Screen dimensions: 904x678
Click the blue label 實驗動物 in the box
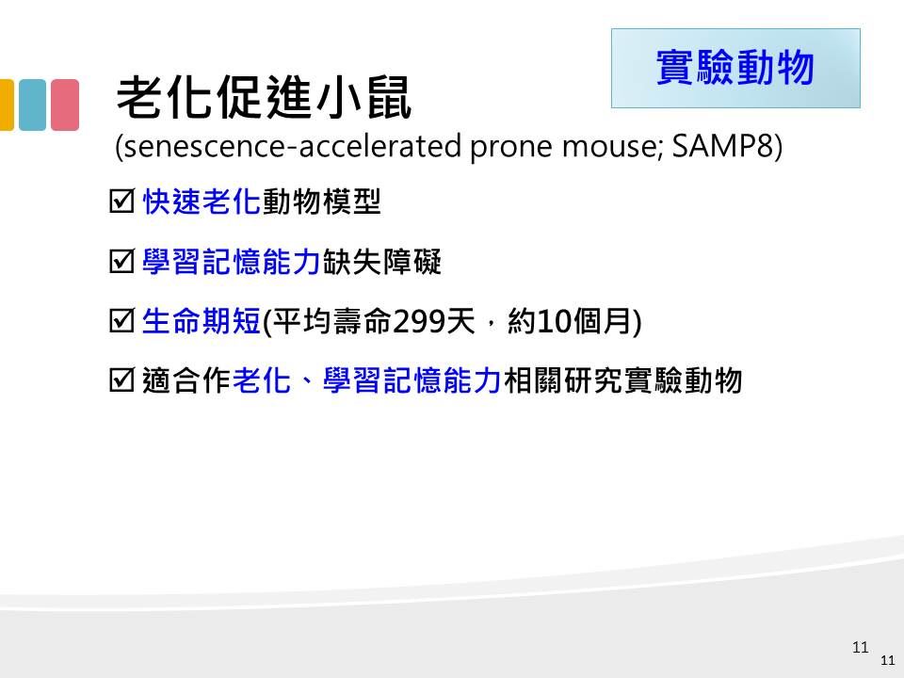click(x=735, y=68)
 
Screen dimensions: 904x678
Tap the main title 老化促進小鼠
click(x=264, y=97)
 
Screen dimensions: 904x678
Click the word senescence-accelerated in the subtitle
click(x=292, y=146)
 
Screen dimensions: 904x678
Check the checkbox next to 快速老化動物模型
click(x=121, y=202)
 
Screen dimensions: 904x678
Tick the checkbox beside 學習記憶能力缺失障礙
click(x=121, y=261)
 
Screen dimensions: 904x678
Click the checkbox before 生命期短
click(x=121, y=320)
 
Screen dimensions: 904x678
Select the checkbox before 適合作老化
click(x=121, y=379)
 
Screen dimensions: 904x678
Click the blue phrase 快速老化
click(x=202, y=202)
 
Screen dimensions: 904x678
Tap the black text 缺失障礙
click(x=381, y=262)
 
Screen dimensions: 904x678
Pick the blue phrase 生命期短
click(x=202, y=321)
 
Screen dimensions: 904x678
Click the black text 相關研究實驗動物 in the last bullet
click(x=622, y=380)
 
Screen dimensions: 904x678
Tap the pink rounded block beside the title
click(x=65, y=105)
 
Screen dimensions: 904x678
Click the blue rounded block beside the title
click(x=32, y=105)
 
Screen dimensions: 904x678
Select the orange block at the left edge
click(x=7, y=105)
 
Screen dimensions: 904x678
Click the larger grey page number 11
click(x=860, y=647)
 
